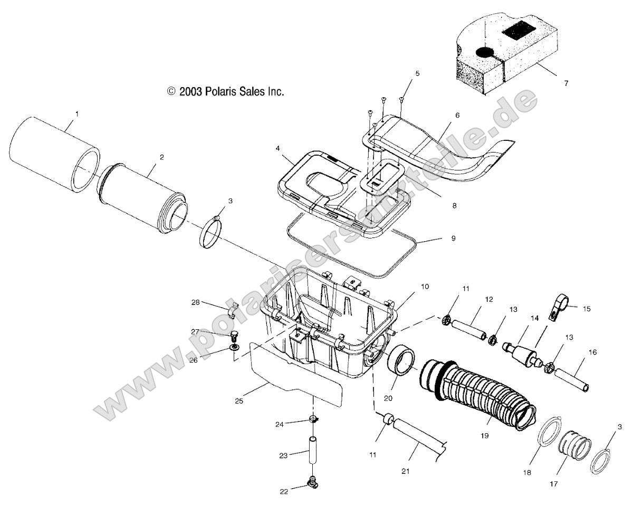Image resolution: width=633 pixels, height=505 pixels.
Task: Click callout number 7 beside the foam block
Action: [x=565, y=83]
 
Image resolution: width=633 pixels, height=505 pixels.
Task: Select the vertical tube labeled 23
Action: [x=313, y=450]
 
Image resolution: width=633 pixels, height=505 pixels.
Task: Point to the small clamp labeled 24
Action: [x=314, y=420]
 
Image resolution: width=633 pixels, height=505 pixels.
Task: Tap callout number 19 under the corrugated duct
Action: [x=485, y=436]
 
